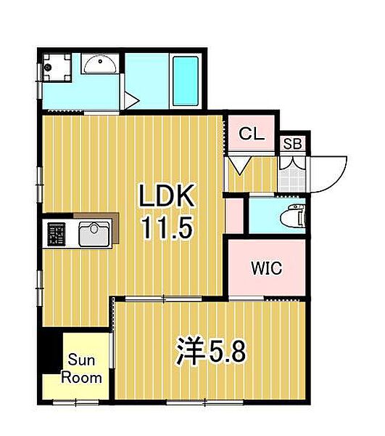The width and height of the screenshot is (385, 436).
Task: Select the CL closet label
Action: coord(252,134)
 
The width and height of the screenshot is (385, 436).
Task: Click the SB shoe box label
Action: coord(294,144)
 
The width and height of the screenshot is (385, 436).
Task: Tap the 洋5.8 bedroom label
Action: coord(210,352)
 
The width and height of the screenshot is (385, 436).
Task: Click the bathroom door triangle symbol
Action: coord(131,98)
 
